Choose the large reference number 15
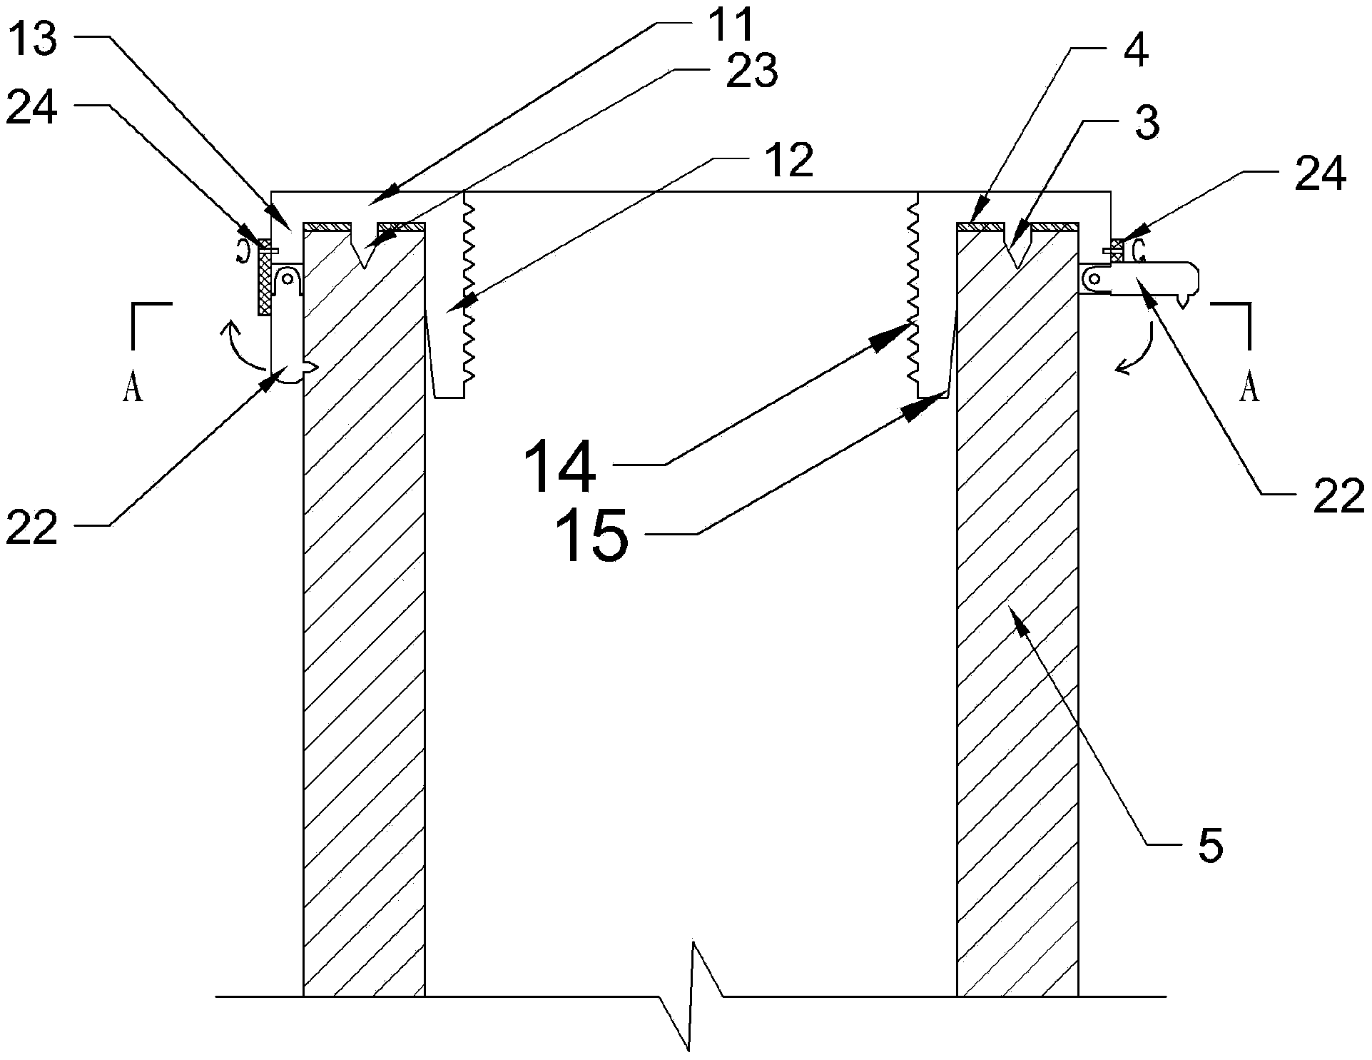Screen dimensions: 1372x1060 (591, 534)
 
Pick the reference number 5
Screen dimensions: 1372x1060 (1210, 844)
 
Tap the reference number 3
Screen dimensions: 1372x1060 (1147, 123)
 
